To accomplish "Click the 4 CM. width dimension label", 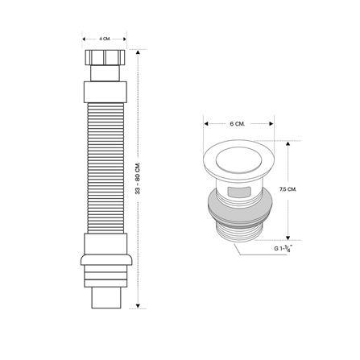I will [104, 37].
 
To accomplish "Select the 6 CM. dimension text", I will [237, 124].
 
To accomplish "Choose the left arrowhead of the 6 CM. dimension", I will [206, 124].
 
